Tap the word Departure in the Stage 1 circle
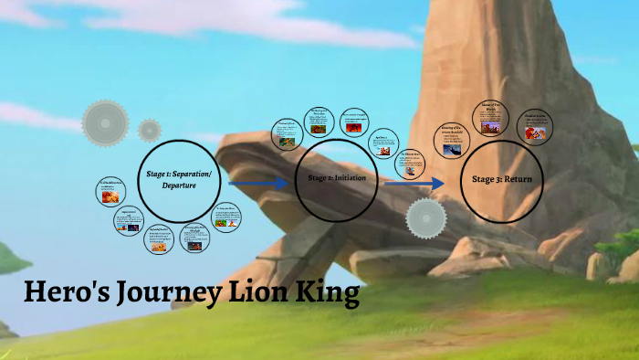(x=180, y=185)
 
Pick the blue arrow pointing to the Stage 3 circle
(x=415, y=184)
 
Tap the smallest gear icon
(x=150, y=130)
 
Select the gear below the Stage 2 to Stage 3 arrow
(x=426, y=219)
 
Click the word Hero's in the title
(x=65, y=295)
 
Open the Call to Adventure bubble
(x=110, y=192)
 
